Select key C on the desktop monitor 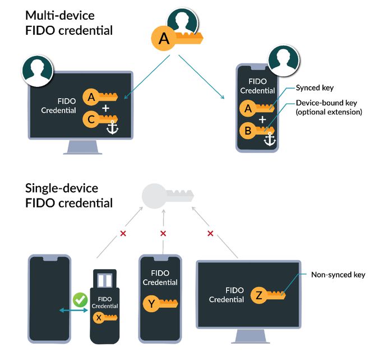100,119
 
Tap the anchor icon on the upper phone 271,138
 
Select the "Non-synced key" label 338,275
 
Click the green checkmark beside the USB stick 81,300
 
